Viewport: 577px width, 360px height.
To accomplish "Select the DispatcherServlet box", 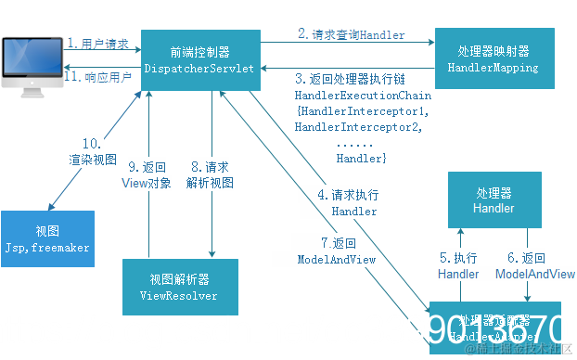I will [200, 59].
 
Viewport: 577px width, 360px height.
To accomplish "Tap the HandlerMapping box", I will [494, 58].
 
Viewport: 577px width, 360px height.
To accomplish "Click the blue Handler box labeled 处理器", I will [493, 201].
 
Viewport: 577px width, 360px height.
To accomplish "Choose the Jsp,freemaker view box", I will [47, 238].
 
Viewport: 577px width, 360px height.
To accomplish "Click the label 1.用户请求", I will [98, 44].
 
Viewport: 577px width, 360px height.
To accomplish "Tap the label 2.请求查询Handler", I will [351, 34].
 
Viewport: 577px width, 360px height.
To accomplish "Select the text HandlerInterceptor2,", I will [358, 127].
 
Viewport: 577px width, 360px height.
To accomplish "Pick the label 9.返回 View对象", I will [147, 174].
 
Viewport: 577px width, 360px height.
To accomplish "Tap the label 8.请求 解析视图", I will [211, 174].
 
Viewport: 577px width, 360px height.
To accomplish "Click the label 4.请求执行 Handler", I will [347, 203].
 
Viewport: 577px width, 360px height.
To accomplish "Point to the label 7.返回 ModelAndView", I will [337, 251].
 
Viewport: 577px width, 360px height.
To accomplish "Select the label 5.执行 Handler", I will [459, 265].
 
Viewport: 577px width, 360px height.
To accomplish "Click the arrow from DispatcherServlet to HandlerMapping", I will [348, 43].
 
